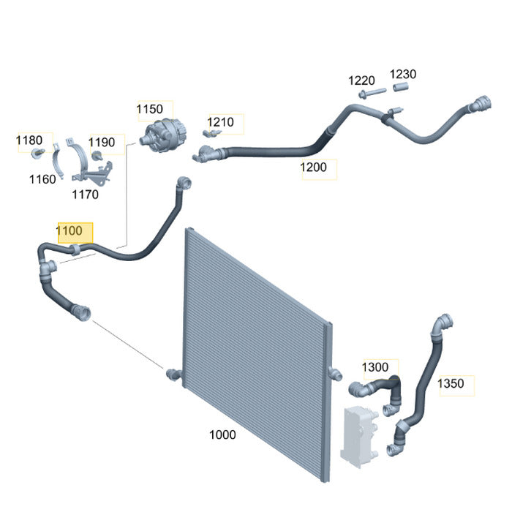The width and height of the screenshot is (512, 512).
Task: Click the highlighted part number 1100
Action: tap(69, 231)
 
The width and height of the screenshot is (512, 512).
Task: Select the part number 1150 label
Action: tap(149, 109)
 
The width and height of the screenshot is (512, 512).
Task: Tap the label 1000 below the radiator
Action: tap(222, 435)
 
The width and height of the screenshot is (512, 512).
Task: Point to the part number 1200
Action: tap(313, 167)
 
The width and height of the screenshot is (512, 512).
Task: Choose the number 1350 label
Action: tap(451, 383)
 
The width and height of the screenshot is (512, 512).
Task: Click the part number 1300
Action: tap(375, 367)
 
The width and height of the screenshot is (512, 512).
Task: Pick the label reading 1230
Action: tap(403, 74)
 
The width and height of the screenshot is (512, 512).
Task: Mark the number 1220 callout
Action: tap(361, 80)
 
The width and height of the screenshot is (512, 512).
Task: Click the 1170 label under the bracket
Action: tap(86, 195)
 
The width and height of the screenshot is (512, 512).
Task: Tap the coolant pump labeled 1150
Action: tap(163, 135)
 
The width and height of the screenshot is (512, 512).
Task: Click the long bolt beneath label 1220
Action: tap(372, 93)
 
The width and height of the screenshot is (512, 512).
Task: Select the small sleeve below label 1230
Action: tap(401, 87)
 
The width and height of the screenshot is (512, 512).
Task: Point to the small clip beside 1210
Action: tap(211, 133)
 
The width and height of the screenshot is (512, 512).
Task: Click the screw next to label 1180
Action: tap(38, 153)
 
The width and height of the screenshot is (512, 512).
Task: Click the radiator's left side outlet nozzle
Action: tap(174, 374)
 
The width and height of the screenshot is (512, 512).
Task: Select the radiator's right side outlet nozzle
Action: tap(335, 373)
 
